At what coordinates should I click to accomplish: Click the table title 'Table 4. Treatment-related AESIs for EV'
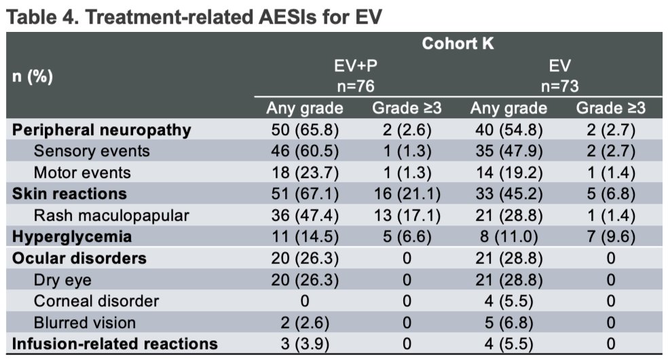[x=194, y=17]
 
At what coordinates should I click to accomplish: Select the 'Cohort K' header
[x=458, y=43]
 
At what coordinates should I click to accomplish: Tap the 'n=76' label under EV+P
[x=356, y=86]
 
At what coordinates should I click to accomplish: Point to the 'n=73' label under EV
[x=559, y=86]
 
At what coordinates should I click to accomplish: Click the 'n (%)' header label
[x=33, y=77]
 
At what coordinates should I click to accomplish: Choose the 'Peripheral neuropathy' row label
[x=102, y=130]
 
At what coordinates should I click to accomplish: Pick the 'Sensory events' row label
[x=92, y=151]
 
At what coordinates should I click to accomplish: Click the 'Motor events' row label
[x=82, y=173]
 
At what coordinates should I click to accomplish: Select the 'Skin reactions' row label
[x=70, y=194]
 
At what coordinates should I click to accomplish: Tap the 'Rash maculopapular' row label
[x=111, y=215]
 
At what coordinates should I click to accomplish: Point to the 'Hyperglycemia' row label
[x=72, y=237]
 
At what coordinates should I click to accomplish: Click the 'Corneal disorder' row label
[x=96, y=301]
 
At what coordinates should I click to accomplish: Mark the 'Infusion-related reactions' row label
[x=115, y=344]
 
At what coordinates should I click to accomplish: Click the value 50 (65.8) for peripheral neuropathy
[x=305, y=130]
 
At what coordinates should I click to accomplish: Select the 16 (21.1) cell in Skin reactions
[x=407, y=194]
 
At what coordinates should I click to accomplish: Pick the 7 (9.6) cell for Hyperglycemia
[x=611, y=237]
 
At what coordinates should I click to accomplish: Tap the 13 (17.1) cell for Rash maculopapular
[x=407, y=215]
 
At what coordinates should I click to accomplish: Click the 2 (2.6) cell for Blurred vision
[x=305, y=323]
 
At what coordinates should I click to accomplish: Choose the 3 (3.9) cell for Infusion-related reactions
[x=305, y=344]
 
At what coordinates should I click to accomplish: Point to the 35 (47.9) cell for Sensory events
[x=508, y=151]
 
